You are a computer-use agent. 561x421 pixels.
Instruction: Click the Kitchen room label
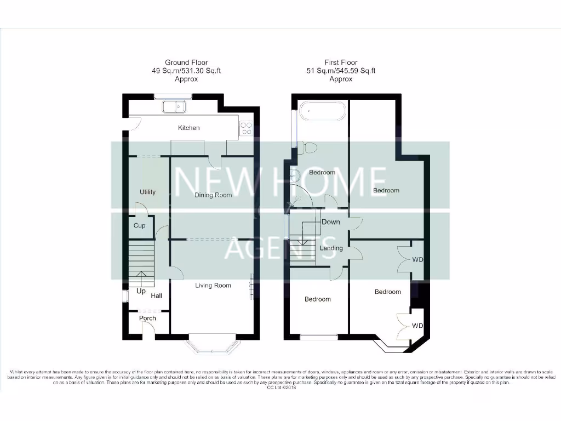coord(189,128)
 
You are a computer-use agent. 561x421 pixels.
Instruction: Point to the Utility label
coord(147,192)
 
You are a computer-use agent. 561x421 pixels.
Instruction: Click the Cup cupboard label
coord(140,225)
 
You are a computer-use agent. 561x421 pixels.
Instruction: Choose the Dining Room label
coord(213,195)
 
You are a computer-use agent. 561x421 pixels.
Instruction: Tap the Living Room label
coord(213,285)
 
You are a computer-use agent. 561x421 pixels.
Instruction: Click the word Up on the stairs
coord(141,291)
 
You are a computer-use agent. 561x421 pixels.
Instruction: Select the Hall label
coord(157,295)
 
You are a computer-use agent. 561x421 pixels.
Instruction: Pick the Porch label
coord(147,318)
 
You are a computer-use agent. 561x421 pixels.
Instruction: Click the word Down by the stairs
coord(331,222)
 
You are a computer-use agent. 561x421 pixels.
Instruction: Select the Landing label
coord(331,248)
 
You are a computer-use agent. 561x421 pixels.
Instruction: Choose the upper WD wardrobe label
coord(417,259)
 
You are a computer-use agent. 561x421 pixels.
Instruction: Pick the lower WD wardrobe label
coord(417,326)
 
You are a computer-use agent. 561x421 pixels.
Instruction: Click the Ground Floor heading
coord(186,62)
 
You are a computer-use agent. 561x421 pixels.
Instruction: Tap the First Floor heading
coord(340,62)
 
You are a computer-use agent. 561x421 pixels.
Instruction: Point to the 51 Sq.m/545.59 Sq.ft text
coord(340,71)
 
